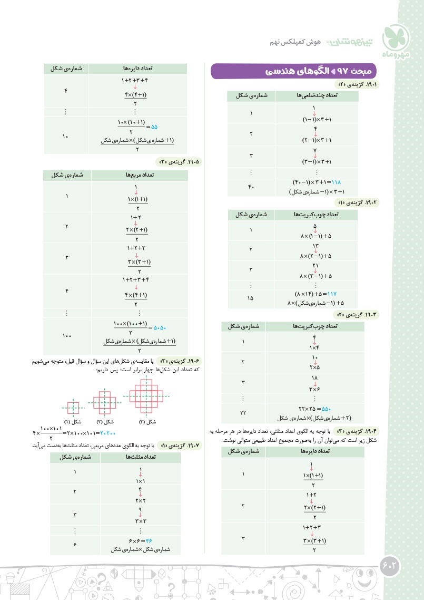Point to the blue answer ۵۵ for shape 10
coord(154,127)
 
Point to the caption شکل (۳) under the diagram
coord(151,422)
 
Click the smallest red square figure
coord(73,408)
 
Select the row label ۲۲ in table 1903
coord(243,412)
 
